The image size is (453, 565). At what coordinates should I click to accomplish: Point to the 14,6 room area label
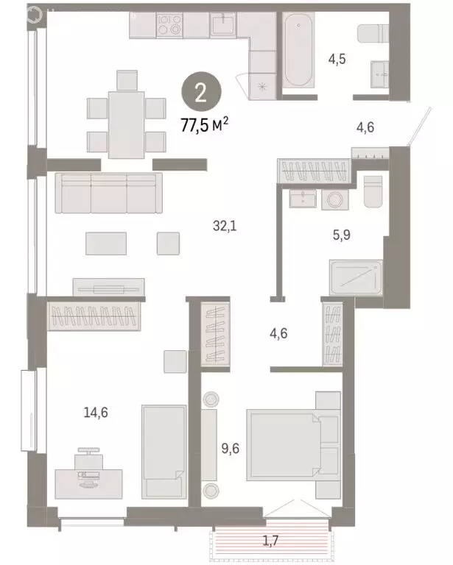(96, 413)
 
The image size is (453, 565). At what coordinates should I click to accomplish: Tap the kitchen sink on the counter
(222, 26)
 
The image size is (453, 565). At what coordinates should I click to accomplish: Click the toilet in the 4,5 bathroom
(370, 34)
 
